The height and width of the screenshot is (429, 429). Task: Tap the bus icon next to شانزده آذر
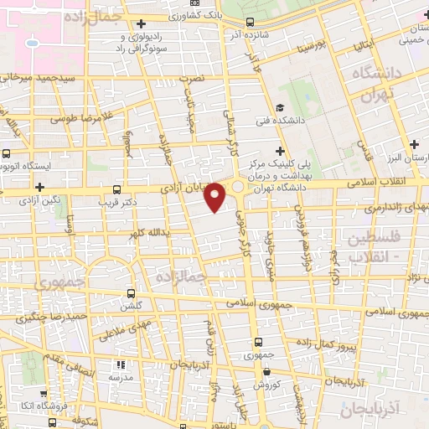coord(251,23)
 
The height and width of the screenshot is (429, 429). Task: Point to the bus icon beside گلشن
coord(130,293)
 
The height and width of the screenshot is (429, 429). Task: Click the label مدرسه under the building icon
coord(120,379)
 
